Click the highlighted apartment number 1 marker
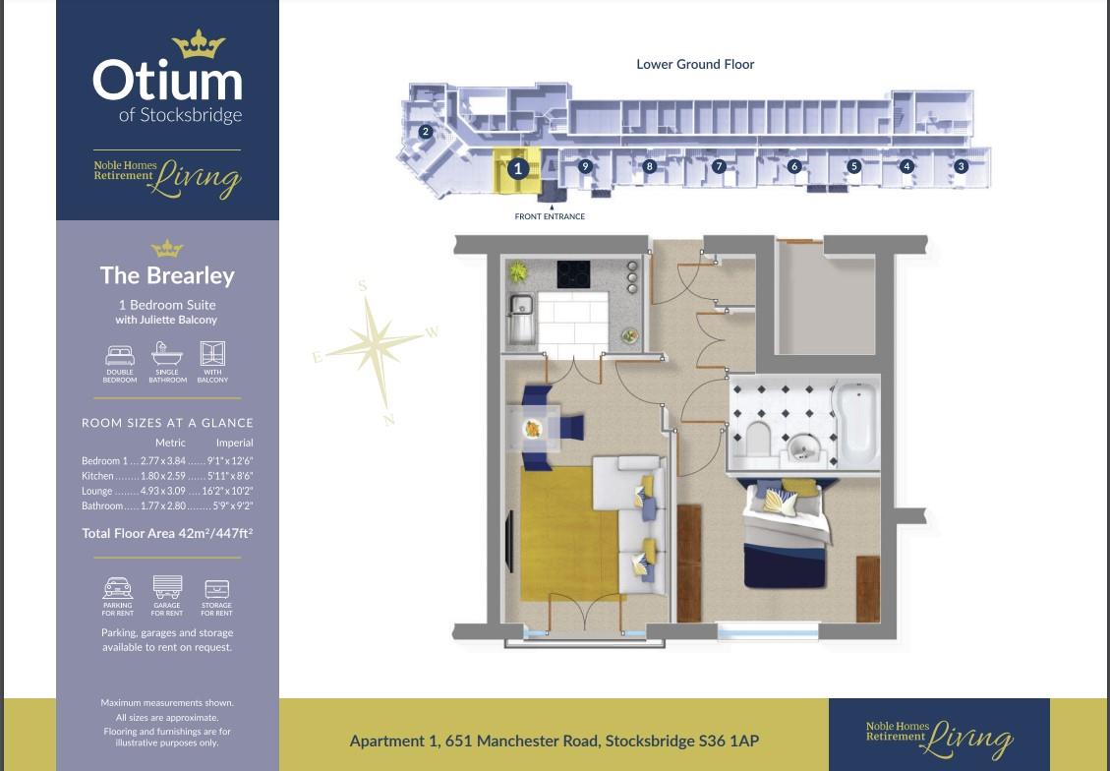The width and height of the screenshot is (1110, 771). click(518, 169)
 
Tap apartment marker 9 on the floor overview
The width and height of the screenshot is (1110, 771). click(585, 166)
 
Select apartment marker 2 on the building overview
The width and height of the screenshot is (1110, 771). click(426, 132)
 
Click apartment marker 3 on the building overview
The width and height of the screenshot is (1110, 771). click(962, 166)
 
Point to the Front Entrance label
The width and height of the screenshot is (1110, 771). click(550, 216)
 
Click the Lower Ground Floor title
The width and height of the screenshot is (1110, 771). click(695, 65)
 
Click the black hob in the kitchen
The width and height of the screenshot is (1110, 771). click(573, 274)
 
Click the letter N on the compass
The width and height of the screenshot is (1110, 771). click(389, 420)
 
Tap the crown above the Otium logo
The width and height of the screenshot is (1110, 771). click(199, 43)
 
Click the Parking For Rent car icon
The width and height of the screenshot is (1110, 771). click(118, 588)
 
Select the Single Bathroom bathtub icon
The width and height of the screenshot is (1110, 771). click(167, 354)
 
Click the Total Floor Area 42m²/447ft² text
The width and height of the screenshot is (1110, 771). click(167, 534)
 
